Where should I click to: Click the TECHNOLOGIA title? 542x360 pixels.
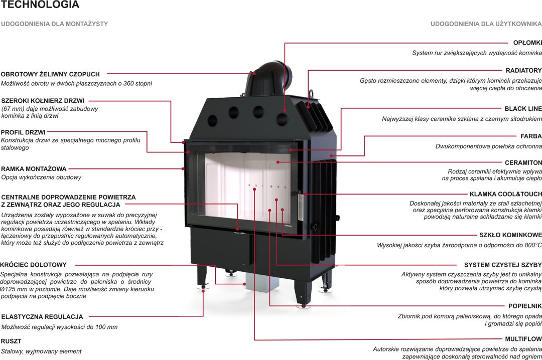pyautogui.click(x=40, y=5)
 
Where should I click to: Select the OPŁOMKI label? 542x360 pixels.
pyautogui.click(x=527, y=43)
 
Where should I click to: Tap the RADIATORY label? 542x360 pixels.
pyautogui.click(x=523, y=71)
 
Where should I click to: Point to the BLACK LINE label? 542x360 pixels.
pyautogui.click(x=523, y=108)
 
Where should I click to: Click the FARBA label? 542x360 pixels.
pyautogui.click(x=531, y=136)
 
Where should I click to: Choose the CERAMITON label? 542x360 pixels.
pyautogui.click(x=523, y=162)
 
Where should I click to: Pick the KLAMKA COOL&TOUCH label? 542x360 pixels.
pyautogui.click(x=506, y=194)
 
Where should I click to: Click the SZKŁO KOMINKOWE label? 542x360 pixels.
pyautogui.click(x=510, y=235)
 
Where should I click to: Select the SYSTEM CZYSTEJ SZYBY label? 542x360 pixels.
pyautogui.click(x=503, y=265)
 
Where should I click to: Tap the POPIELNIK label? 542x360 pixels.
pyautogui.click(x=525, y=305)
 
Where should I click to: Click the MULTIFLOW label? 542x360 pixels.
pyautogui.click(x=523, y=339)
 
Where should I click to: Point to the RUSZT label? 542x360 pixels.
pyautogui.click(x=11, y=341)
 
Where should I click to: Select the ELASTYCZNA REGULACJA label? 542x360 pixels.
pyautogui.click(x=42, y=317)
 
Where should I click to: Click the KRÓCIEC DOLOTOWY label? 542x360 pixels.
pyautogui.click(x=34, y=265)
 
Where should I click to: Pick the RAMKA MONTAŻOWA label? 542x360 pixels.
pyautogui.click(x=34, y=169)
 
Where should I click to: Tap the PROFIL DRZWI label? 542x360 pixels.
pyautogui.click(x=24, y=132)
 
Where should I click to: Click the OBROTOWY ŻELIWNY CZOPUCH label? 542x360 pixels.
pyautogui.click(x=50, y=74)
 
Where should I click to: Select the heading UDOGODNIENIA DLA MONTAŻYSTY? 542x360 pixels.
pyautogui.click(x=54, y=24)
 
